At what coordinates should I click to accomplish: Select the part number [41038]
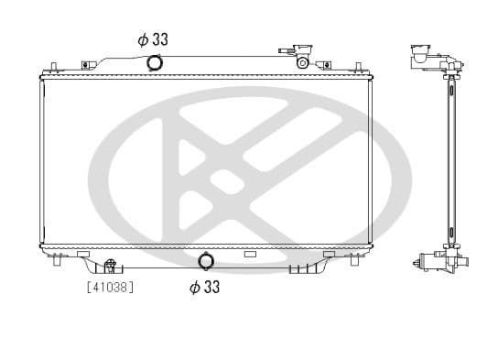110,287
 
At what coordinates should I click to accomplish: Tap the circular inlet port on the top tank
154,62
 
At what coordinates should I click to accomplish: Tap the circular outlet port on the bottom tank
205,263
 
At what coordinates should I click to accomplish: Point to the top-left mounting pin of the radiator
55,65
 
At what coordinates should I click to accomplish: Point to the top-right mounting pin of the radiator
354,65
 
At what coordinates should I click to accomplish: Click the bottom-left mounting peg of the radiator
58,260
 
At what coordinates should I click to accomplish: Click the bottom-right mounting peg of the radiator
352,260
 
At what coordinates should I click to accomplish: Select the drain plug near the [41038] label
110,267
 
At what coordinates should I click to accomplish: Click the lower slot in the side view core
449,229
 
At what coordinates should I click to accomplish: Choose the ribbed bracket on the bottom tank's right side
301,268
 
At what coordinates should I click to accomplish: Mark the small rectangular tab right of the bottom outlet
249,254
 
